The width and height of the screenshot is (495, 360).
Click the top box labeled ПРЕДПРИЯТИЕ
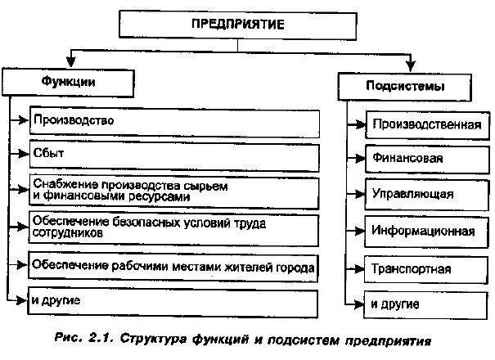tap(237, 25)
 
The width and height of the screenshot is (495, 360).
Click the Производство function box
tap(173, 121)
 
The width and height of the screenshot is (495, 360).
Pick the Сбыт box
tap(173, 155)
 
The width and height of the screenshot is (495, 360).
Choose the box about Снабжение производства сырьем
tap(173, 191)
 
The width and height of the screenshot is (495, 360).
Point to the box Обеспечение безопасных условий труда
tap(173, 228)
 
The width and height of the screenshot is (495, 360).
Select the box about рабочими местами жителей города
tap(173, 267)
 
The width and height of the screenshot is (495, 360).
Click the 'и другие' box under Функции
tap(173, 303)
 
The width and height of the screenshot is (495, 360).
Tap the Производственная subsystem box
tap(425, 125)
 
